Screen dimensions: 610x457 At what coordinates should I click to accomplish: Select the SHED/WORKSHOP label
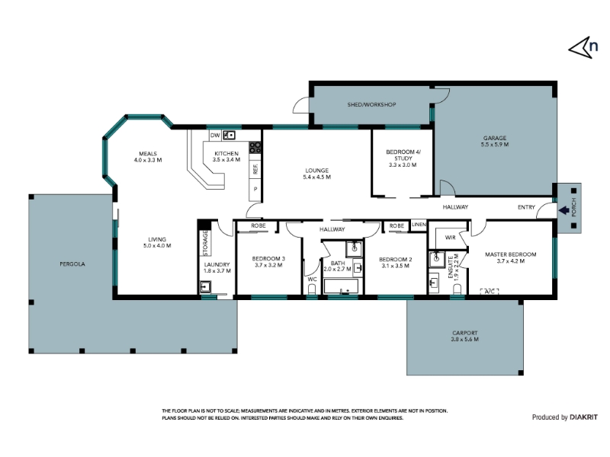(x=371, y=104)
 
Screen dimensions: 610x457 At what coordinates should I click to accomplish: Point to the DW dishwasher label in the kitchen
(x=215, y=136)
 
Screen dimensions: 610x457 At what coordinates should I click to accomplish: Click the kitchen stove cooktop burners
(x=255, y=147)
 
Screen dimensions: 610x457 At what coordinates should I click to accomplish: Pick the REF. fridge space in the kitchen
(x=255, y=169)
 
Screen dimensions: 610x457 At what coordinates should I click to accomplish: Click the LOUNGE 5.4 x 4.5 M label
(x=316, y=174)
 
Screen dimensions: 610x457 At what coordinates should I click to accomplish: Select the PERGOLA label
(x=72, y=264)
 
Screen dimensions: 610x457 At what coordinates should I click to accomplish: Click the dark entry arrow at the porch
(x=563, y=210)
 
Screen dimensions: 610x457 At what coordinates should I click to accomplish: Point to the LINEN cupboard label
(x=419, y=224)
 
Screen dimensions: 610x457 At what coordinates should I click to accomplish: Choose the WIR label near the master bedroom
(x=450, y=238)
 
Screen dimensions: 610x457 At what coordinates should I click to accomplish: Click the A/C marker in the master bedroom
(x=490, y=291)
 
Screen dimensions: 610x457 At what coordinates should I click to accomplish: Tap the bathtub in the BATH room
(x=341, y=286)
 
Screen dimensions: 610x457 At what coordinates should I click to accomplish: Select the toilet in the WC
(x=312, y=289)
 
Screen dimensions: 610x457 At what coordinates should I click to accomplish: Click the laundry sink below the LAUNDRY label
(x=205, y=287)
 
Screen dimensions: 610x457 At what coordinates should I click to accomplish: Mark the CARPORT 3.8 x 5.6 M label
(x=465, y=336)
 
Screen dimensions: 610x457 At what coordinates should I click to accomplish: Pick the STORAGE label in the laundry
(x=205, y=243)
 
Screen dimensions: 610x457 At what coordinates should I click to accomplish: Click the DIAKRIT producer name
(x=583, y=417)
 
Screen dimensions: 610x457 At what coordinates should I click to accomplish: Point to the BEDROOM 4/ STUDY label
(x=403, y=158)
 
